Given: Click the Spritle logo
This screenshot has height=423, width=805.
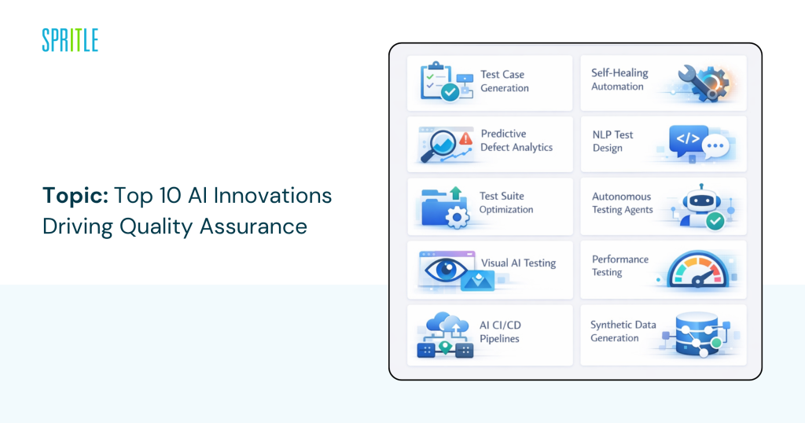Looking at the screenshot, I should tap(70, 40).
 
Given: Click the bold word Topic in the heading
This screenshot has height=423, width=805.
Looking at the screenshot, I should tap(75, 196).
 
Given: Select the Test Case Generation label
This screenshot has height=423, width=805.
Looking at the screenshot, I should tap(504, 81).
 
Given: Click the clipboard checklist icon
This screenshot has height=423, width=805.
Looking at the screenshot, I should tap(440, 82).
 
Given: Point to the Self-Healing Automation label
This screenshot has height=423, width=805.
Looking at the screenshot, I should tap(619, 79).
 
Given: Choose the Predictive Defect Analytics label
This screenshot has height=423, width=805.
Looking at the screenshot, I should tap(516, 141).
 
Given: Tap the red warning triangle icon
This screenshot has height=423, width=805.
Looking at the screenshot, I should tap(465, 138).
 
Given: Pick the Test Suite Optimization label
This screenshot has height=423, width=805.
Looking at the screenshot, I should tap(506, 203).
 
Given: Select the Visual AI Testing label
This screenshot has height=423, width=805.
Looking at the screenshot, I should tap(518, 263).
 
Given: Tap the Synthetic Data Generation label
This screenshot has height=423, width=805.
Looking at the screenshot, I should tap(625, 331).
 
